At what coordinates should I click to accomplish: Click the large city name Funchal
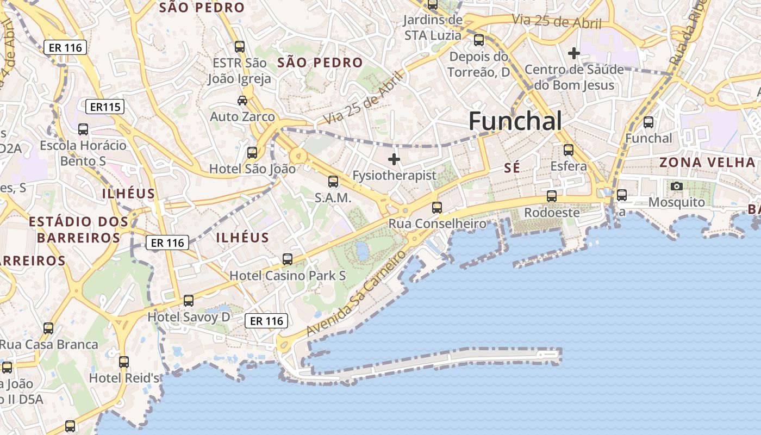(515, 121)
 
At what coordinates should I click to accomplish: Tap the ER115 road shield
(105, 107)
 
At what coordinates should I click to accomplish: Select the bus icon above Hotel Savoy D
(189, 300)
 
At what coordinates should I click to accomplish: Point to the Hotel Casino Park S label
(287, 276)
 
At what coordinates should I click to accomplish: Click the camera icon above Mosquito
(677, 186)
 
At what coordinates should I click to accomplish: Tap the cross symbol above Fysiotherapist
(394, 159)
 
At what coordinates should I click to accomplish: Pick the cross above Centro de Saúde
(573, 53)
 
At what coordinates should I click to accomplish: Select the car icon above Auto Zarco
(242, 100)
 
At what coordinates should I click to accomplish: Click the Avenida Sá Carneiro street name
(356, 294)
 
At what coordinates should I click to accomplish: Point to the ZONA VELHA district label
(707, 162)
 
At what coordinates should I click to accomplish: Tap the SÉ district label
(512, 169)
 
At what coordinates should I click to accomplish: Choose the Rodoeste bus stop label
(552, 213)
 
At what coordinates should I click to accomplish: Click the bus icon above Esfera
(569, 150)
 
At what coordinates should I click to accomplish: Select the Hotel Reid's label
(124, 378)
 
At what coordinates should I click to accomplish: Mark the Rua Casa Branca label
(49, 345)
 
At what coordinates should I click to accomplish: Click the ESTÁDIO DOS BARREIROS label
(79, 229)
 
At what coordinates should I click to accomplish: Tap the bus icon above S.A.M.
(333, 182)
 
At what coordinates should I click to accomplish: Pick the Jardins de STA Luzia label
(433, 28)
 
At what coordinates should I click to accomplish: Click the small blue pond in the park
(361, 251)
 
